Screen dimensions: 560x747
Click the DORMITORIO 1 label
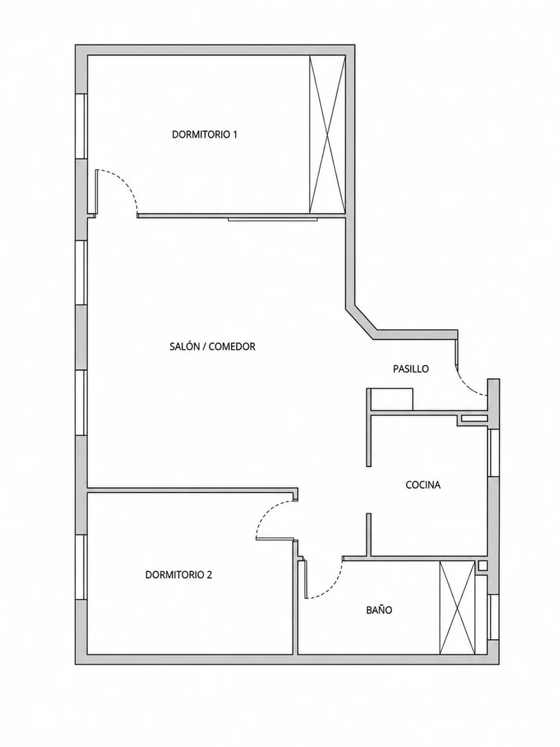[x=205, y=135]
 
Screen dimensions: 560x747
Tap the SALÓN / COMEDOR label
[x=212, y=347]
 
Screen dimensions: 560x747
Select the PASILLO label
[x=411, y=369]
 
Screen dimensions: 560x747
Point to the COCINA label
[x=423, y=485]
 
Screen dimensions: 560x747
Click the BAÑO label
[x=379, y=610]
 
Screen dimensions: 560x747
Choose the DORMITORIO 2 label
[x=178, y=575]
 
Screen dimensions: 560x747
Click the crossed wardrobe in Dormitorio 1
[x=327, y=134]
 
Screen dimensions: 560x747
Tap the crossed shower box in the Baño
[x=457, y=608]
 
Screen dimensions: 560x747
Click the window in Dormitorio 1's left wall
[x=82, y=127]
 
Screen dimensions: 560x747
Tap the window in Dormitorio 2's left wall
[x=82, y=567]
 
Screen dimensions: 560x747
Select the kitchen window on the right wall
[x=494, y=452]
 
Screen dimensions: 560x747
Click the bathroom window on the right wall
[x=494, y=617]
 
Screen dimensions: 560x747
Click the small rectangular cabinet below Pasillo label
[x=391, y=399]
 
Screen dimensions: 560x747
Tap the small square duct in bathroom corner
[x=483, y=566]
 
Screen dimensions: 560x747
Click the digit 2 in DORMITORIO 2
[x=209, y=575]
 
